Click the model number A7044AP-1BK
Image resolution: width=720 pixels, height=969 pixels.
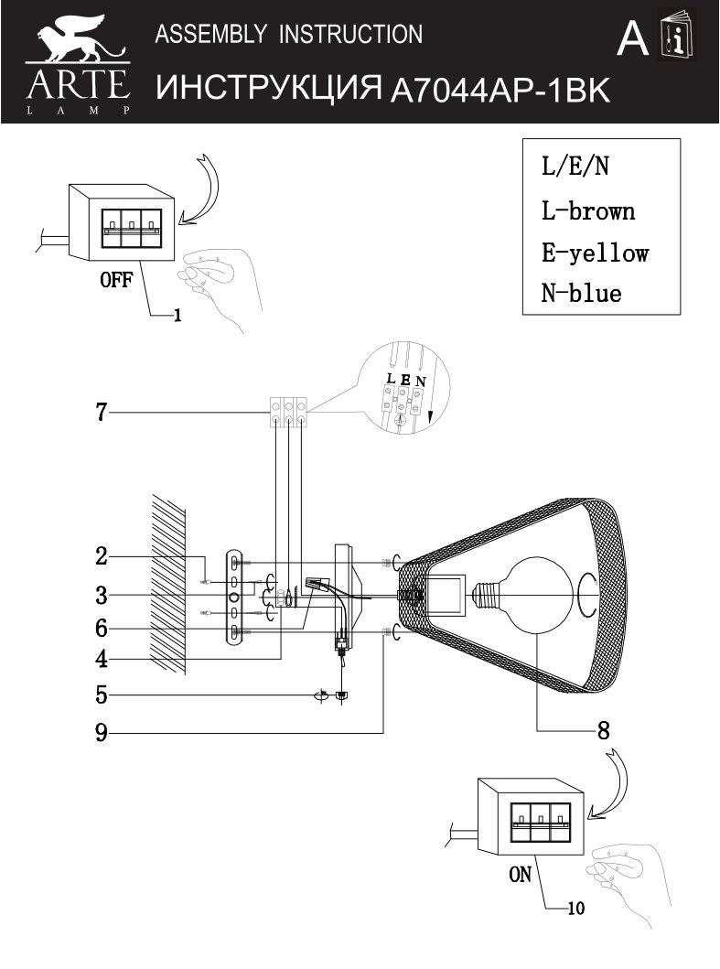tap(500, 91)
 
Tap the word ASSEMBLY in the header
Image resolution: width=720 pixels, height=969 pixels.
tap(210, 34)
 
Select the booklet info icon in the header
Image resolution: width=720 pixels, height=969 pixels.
tap(677, 35)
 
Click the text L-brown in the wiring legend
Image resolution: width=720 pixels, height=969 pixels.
tap(587, 211)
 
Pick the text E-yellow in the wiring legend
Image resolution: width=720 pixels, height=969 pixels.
tap(595, 253)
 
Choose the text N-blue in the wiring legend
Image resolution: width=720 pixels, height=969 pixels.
tap(581, 293)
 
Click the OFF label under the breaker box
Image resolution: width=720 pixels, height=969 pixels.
tap(116, 280)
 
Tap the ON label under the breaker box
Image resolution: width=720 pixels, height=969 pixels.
tap(520, 875)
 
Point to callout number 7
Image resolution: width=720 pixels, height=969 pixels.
tap(102, 412)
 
